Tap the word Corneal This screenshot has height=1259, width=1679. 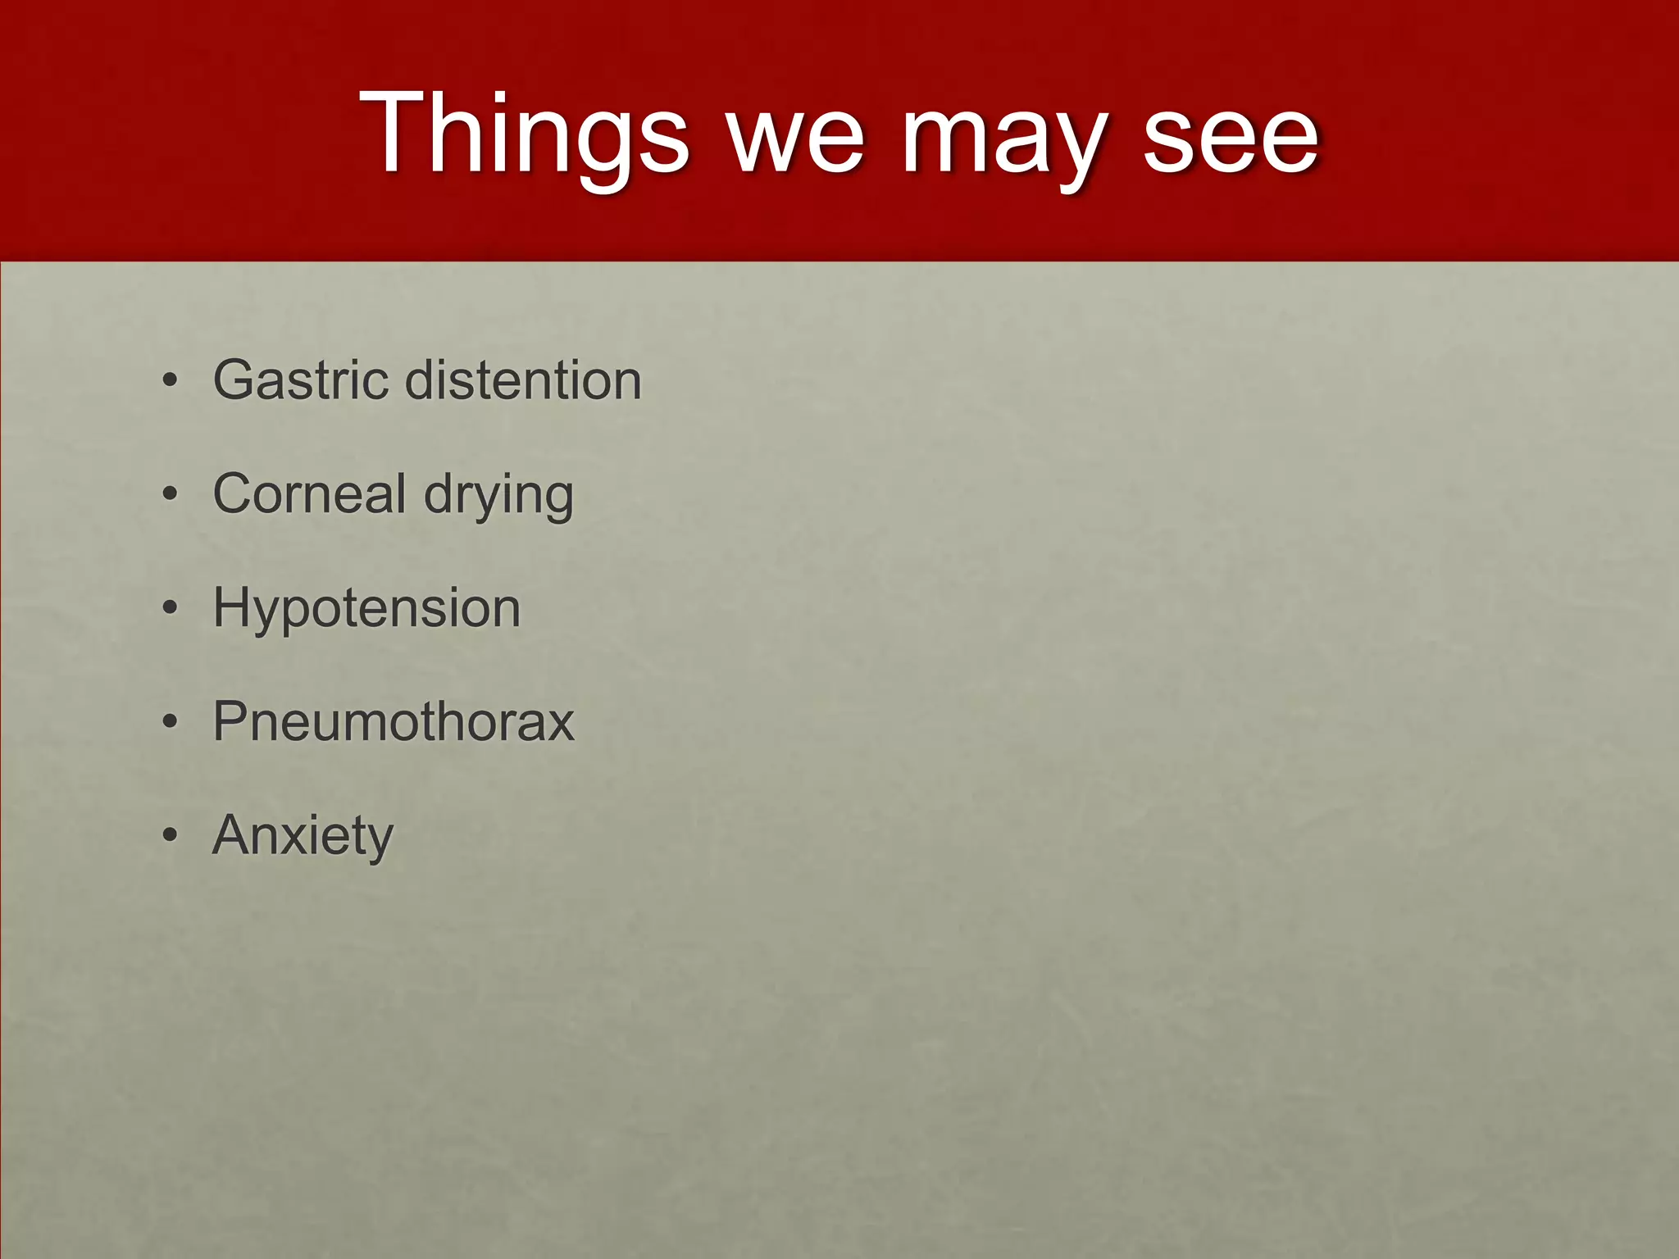(310, 493)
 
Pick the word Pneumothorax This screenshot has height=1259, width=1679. (394, 721)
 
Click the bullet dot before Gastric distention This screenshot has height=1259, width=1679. (170, 381)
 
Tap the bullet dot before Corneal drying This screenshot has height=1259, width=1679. (170, 494)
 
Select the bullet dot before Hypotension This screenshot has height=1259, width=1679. (170, 608)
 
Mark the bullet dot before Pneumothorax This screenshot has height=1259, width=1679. (170, 721)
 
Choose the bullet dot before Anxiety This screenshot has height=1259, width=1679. (170, 835)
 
